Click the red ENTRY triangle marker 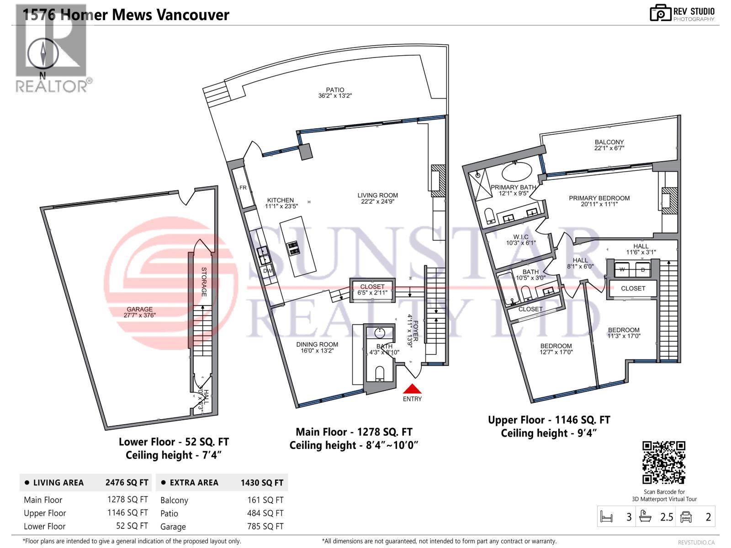[x=412, y=389]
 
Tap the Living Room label [x=377, y=195]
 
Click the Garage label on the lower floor [x=140, y=309]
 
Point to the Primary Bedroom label [x=599, y=198]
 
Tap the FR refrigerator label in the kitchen [x=243, y=188]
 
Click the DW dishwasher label [x=267, y=271]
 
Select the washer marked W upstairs [x=622, y=269]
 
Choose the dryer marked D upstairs [x=643, y=269]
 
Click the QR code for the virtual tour [x=664, y=462]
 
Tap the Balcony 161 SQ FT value [x=265, y=500]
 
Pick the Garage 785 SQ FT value [x=265, y=527]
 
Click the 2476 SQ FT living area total [x=127, y=483]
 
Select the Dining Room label [x=317, y=345]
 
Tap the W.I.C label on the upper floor [x=520, y=237]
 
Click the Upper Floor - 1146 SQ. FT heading [x=549, y=420]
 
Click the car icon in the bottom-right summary [x=686, y=517]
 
